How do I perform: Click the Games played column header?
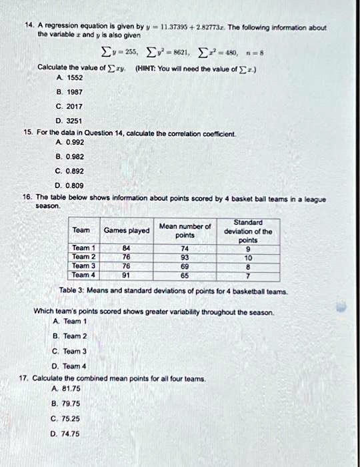point(127,230)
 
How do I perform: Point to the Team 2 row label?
point(84,256)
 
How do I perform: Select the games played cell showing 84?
point(126,248)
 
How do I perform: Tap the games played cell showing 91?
point(126,274)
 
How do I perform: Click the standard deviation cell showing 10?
point(248,256)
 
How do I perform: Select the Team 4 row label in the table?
point(84,274)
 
